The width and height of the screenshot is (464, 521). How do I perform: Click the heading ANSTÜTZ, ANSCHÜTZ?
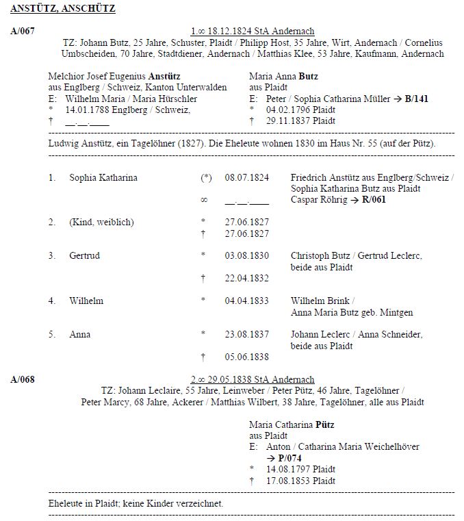(63, 9)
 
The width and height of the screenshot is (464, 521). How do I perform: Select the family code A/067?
(23, 31)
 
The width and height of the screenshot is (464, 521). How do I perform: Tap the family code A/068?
(23, 380)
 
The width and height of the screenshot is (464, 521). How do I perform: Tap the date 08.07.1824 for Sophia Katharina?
(246, 178)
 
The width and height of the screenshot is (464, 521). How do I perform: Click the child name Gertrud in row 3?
(84, 256)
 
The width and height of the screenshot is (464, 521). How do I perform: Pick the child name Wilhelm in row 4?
(86, 301)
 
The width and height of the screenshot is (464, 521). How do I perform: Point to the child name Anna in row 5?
(79, 335)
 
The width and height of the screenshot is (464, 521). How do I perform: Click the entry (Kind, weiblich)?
(101, 223)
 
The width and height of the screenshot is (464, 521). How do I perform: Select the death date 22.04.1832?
(246, 279)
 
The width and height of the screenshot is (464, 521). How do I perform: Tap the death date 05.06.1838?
(246, 357)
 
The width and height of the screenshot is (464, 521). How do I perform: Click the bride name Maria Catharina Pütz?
(292, 424)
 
